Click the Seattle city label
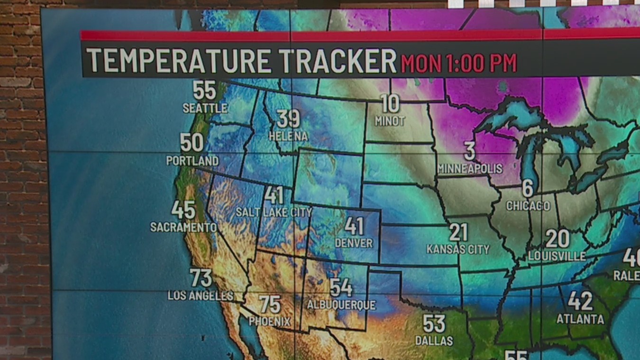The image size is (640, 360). pyautogui.click(x=205, y=108)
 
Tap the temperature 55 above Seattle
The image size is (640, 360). pyautogui.click(x=205, y=90)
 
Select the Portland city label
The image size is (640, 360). pyautogui.click(x=192, y=160)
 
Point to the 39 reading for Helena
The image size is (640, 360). pyautogui.click(x=288, y=119)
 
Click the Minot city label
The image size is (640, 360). pyautogui.click(x=390, y=121)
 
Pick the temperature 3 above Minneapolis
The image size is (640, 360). pyautogui.click(x=469, y=151)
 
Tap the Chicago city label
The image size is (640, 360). pyautogui.click(x=528, y=206)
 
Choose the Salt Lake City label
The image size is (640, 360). pyautogui.click(x=274, y=212)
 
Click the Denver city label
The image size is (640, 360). pyautogui.click(x=354, y=243)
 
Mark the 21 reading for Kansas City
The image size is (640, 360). pyautogui.click(x=458, y=232)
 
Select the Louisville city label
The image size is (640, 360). pyautogui.click(x=557, y=256)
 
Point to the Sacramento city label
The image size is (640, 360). pyautogui.click(x=183, y=227)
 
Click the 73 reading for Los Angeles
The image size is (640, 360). pyautogui.click(x=201, y=278)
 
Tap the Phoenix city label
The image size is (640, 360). pyautogui.click(x=270, y=321)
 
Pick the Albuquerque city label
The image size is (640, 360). pyautogui.click(x=341, y=305)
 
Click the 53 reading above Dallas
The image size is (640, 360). pyautogui.click(x=434, y=324)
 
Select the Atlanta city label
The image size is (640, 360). pyautogui.click(x=580, y=319)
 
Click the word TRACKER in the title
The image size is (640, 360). pyautogui.click(x=337, y=61)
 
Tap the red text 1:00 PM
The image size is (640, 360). pyautogui.click(x=482, y=63)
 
